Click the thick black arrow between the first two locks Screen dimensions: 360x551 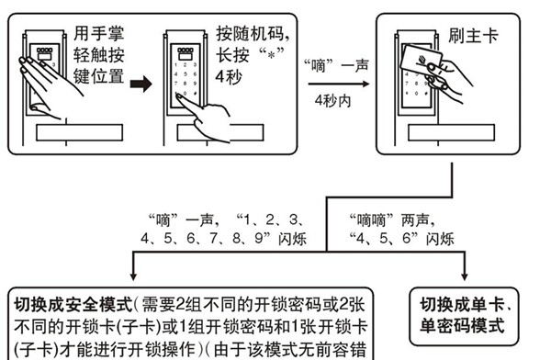coord(139,85)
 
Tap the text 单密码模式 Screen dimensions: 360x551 coord(465,324)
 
